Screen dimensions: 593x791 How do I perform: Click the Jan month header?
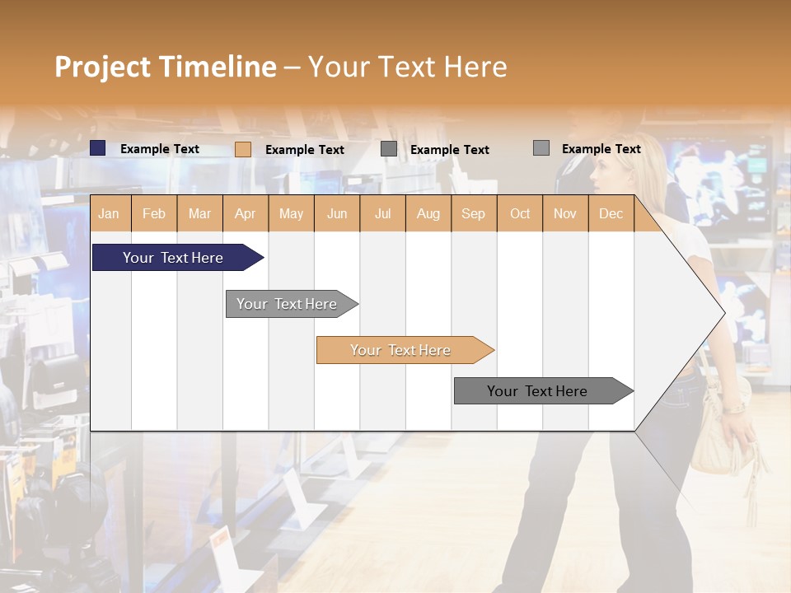(x=109, y=213)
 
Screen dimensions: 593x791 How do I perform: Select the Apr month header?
(x=245, y=213)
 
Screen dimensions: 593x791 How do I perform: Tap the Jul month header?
(x=382, y=213)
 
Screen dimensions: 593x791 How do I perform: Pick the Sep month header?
(x=473, y=213)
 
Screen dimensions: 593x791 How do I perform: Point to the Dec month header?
(x=611, y=213)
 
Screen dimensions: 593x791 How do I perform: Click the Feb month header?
(x=154, y=213)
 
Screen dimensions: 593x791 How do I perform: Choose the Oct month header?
(x=520, y=213)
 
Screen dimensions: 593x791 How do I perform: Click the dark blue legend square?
(x=98, y=148)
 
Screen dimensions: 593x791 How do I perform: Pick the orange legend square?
(x=242, y=149)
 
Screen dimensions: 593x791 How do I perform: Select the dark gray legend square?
(x=389, y=149)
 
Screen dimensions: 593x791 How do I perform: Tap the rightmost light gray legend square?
(x=541, y=148)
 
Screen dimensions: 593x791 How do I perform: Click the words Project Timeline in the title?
(x=166, y=67)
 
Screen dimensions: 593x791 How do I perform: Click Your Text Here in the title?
(x=407, y=67)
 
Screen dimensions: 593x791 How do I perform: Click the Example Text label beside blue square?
(x=160, y=149)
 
